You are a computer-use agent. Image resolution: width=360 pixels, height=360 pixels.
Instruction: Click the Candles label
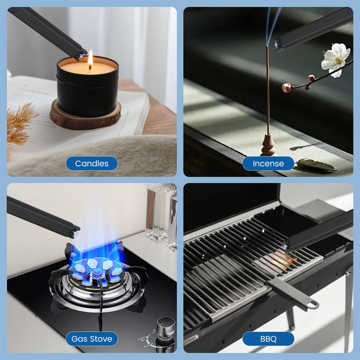[x=92, y=163]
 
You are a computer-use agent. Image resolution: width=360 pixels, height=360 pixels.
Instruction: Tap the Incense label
[x=268, y=163]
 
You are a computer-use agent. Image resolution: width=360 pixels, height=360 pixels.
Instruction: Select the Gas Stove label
[x=92, y=339]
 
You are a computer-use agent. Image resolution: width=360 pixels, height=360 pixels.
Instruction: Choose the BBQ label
[x=268, y=339]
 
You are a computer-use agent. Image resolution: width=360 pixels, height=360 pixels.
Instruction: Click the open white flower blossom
[x=335, y=60]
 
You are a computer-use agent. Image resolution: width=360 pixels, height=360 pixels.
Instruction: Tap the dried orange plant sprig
[x=20, y=124]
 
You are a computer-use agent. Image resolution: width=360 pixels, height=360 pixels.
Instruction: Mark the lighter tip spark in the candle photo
[x=81, y=55]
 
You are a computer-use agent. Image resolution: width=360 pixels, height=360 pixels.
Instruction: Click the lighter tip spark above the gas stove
[x=75, y=233]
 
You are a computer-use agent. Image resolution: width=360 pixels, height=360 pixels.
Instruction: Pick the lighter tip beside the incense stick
[x=277, y=45]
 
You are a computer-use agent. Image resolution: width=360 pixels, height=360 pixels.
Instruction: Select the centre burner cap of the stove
[x=97, y=273]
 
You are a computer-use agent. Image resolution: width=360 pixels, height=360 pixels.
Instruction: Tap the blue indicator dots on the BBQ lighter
[x=340, y=221]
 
